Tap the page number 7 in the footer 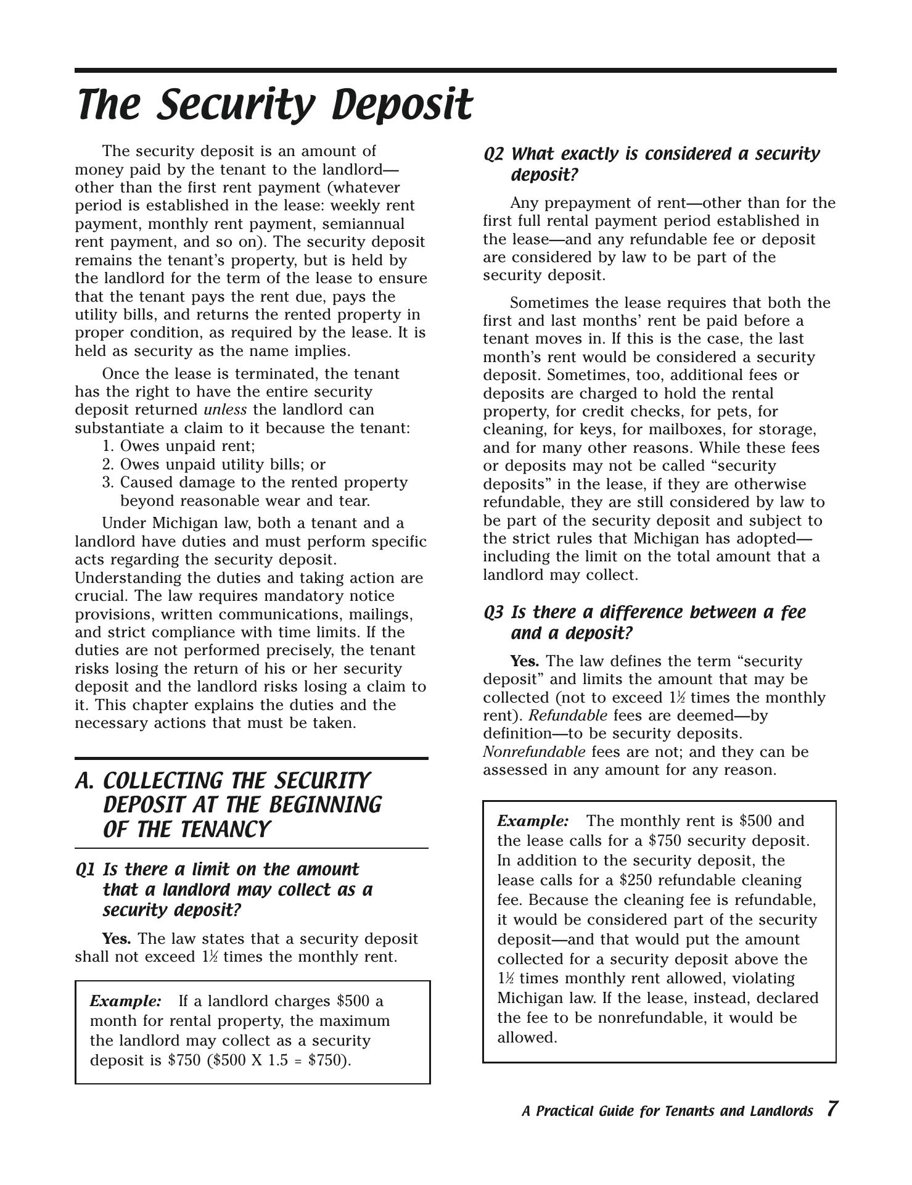(x=832, y=1109)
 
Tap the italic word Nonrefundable (x=534, y=752)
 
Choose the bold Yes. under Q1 (x=117, y=939)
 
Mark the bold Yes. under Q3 (x=525, y=661)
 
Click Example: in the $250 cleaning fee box (x=533, y=821)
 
